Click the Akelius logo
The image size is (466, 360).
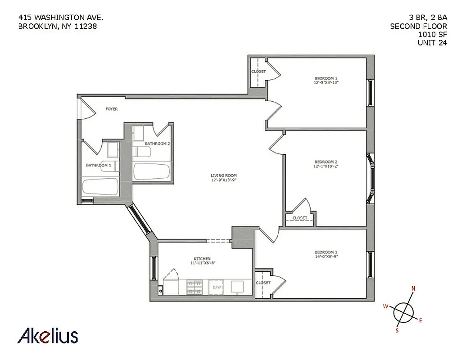coord(48,336)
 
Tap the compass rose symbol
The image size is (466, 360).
coord(403,311)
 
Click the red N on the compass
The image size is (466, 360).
coord(413,289)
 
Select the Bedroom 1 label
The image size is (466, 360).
coord(326,78)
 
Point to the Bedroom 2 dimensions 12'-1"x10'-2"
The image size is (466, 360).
coord(326,166)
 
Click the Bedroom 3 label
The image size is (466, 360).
coord(326,252)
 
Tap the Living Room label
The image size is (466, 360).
coord(224,175)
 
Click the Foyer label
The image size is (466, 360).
coord(112,109)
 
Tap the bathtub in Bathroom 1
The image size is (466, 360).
coord(100,186)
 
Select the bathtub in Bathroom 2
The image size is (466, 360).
coord(151,171)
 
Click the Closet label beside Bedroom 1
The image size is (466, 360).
coord(258,72)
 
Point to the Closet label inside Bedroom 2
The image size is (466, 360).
coord(299,218)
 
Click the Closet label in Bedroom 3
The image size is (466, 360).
coord(263,283)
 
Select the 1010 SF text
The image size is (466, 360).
coord(433,35)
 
